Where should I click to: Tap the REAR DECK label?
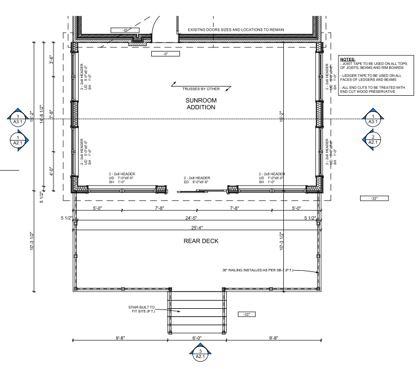(202, 241)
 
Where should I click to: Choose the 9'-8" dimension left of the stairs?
(120, 336)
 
